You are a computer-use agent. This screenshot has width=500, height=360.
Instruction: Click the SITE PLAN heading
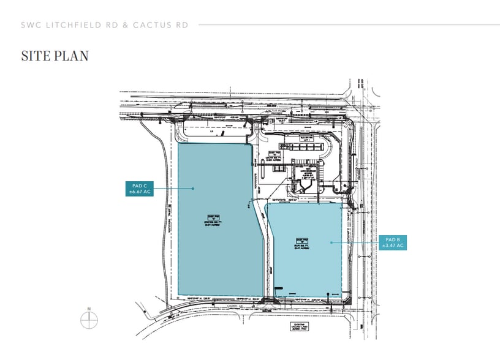pos(55,56)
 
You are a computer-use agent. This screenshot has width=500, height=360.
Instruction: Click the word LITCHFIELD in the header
pos(70,24)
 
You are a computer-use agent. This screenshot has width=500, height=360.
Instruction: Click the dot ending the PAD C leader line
pos(194,188)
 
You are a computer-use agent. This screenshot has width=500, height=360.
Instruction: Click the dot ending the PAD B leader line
pos(331,242)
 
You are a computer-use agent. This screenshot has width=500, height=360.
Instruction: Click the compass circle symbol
pos(89,320)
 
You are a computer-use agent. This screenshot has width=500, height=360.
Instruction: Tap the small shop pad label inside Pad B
pos(301,244)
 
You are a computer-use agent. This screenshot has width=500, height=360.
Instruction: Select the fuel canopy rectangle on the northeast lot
pos(305,146)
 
